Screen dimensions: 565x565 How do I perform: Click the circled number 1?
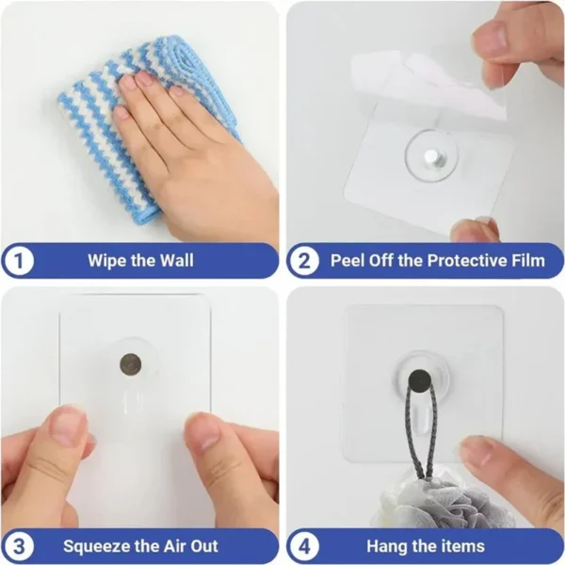pyautogui.click(x=18, y=261)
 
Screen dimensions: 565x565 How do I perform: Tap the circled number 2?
pyautogui.click(x=304, y=261)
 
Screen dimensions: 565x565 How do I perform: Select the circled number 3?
pyautogui.click(x=18, y=545)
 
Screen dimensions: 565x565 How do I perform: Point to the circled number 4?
pyautogui.click(x=304, y=545)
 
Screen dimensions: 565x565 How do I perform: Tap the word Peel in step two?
pyautogui.click(x=348, y=261)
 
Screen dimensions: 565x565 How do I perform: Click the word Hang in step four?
pyautogui.click(x=387, y=545)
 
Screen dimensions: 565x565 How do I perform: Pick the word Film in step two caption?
pyautogui.click(x=525, y=261)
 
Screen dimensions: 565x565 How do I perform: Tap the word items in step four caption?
pyautogui.click(x=461, y=545)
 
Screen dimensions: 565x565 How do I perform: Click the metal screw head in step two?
pyautogui.click(x=429, y=153)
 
